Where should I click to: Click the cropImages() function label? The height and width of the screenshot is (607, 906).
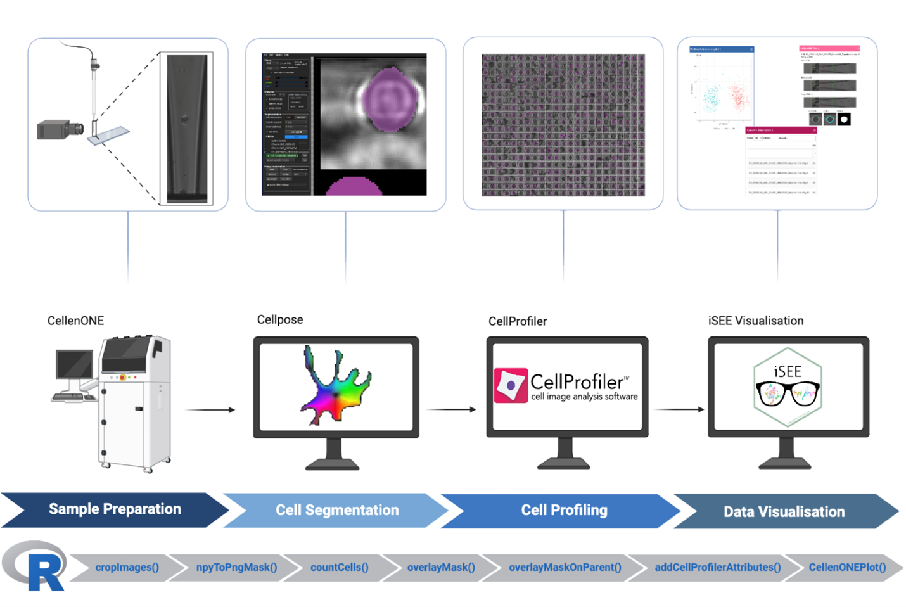pyautogui.click(x=127, y=567)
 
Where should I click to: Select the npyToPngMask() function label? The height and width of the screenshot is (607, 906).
pyautogui.click(x=236, y=567)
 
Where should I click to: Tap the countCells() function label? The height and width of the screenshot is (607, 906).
pyautogui.click(x=339, y=567)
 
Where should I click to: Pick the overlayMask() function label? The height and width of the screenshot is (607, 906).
pyautogui.click(x=441, y=567)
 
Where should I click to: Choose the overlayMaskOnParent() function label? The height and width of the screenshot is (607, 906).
pyautogui.click(x=565, y=567)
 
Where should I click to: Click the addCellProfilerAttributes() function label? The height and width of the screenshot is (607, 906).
pyautogui.click(x=717, y=567)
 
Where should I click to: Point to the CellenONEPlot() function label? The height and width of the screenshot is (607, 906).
pyautogui.click(x=847, y=567)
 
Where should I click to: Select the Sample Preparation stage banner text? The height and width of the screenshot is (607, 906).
pyautogui.click(x=115, y=509)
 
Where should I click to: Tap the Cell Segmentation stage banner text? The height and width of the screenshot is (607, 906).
pyautogui.click(x=337, y=510)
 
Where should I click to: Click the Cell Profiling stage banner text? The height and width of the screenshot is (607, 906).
pyautogui.click(x=564, y=510)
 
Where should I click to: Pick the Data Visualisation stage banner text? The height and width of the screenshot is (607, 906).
pyautogui.click(x=784, y=512)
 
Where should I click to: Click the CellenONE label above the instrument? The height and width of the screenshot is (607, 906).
pyautogui.click(x=75, y=321)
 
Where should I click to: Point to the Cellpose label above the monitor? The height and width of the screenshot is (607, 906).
pyautogui.click(x=279, y=319)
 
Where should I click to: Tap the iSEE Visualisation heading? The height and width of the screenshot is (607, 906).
pyautogui.click(x=755, y=321)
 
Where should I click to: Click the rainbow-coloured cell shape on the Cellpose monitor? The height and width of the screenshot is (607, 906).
pyautogui.click(x=335, y=387)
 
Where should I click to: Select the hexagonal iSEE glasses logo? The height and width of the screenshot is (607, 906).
pyautogui.click(x=788, y=387)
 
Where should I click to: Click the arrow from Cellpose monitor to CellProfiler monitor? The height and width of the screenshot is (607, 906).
pyautogui.click(x=451, y=409)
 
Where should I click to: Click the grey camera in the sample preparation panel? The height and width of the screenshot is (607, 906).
pyautogui.click(x=60, y=129)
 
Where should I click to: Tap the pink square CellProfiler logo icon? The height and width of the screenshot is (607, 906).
pyautogui.click(x=511, y=385)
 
